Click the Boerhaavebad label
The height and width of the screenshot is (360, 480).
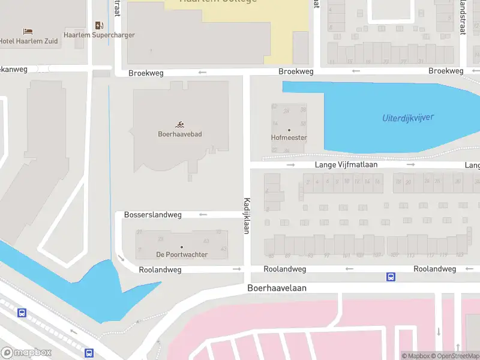(180, 134)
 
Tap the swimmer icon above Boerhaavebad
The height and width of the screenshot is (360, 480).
(180, 124)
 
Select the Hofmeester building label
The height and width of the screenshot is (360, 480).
(289, 138)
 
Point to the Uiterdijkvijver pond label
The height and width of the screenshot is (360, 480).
(407, 118)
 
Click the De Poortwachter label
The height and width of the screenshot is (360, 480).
(182, 254)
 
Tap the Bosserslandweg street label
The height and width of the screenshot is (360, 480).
(152, 214)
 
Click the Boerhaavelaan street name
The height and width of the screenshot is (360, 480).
(277, 288)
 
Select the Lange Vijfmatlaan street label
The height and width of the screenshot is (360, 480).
(349, 164)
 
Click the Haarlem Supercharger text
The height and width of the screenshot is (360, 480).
(100, 35)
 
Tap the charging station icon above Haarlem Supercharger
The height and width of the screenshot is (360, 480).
(100, 25)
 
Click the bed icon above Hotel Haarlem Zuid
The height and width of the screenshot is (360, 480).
(28, 31)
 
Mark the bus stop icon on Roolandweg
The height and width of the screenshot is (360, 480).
(391, 277)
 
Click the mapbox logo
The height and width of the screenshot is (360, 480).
(26, 353)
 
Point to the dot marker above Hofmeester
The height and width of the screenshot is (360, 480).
(289, 130)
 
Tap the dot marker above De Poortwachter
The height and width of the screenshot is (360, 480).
(182, 247)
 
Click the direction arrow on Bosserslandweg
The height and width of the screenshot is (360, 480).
(203, 214)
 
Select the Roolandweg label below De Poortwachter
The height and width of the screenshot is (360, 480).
(160, 269)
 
